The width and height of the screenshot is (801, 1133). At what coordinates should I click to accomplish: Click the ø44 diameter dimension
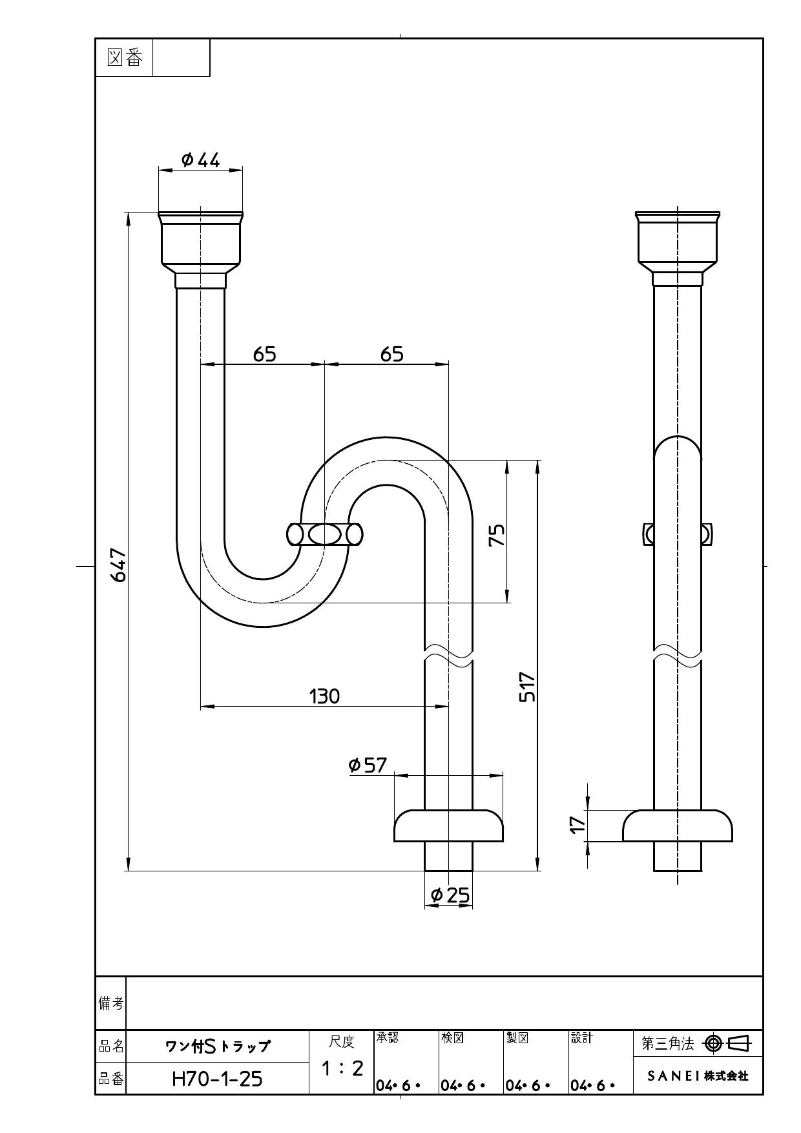point(201,160)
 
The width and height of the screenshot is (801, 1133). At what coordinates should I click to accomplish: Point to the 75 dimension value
point(497,535)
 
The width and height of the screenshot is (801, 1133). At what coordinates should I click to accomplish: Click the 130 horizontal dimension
point(324,696)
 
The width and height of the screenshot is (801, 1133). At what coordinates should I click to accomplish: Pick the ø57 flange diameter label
point(368,765)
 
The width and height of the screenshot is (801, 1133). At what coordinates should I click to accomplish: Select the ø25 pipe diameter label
point(450,895)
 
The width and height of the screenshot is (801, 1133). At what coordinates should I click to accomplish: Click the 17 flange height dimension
point(577,824)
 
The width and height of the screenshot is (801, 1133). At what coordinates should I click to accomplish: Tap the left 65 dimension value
point(264,354)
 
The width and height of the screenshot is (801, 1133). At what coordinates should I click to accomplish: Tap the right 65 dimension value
point(391,354)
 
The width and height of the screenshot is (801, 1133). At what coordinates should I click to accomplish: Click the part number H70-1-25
point(217,1079)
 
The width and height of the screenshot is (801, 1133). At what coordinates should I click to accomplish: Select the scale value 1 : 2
point(342,1068)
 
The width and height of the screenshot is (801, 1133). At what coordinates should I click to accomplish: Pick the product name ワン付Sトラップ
point(217,1046)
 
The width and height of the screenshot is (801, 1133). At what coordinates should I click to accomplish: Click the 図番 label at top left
point(124,58)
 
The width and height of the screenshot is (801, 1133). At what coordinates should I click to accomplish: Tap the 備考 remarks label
point(110,1003)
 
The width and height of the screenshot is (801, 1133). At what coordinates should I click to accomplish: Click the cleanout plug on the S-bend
point(325,535)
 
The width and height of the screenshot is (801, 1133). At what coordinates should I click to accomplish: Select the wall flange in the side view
point(677,826)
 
